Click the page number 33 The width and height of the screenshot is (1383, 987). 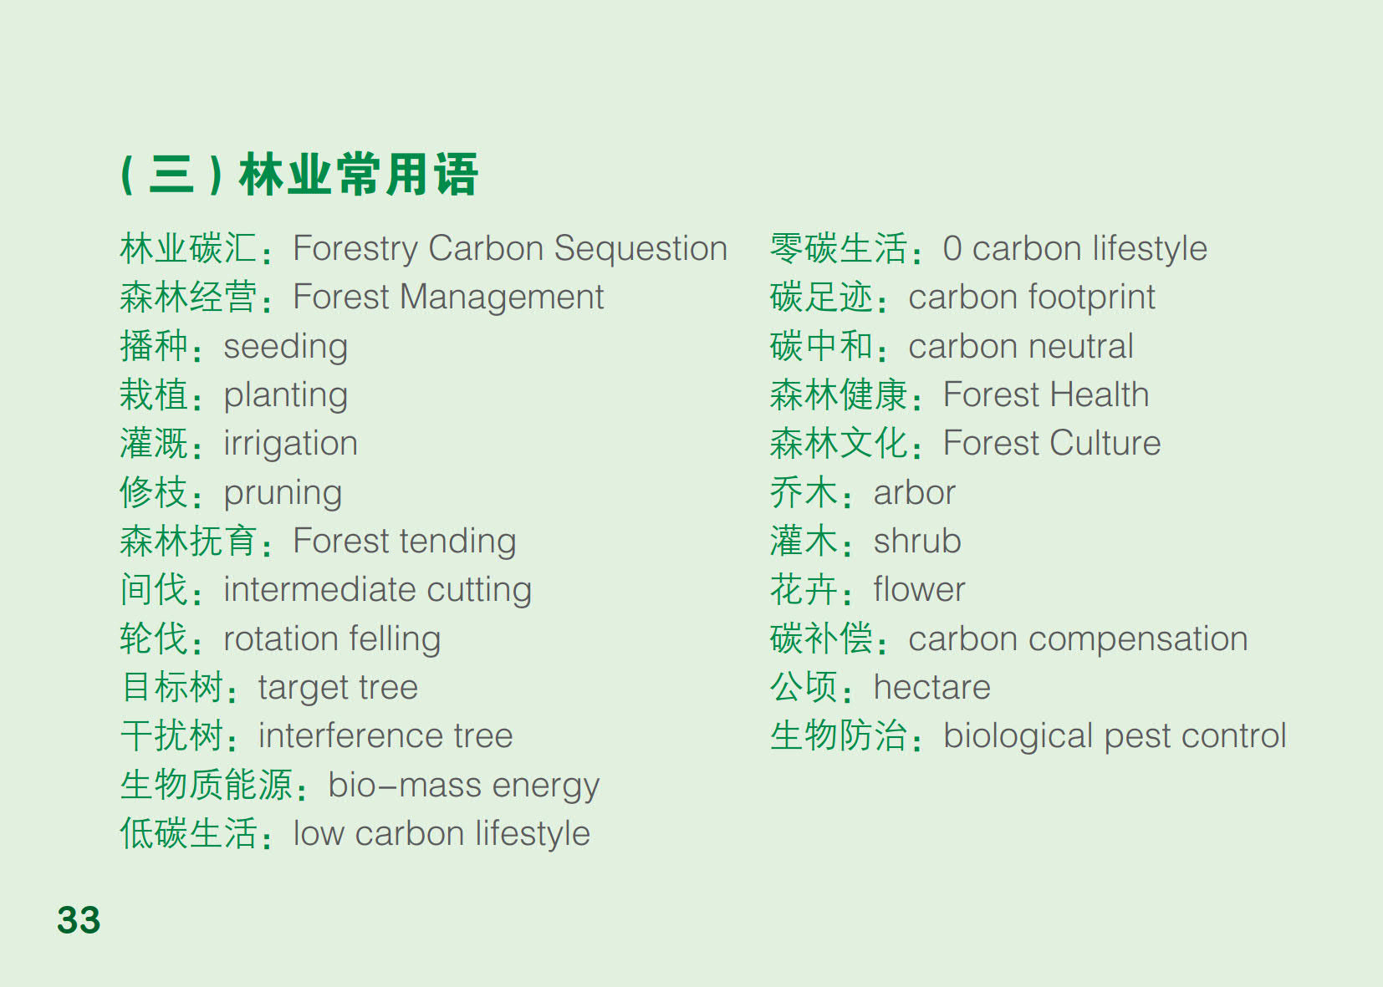79,919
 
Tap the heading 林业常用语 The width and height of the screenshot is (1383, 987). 359,175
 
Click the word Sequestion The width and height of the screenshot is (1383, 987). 640,250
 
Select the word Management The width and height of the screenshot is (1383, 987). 502,298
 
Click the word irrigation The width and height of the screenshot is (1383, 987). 291,445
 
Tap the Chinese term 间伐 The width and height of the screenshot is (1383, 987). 154,589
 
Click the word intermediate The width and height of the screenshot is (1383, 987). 319,589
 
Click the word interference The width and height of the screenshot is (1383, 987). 350,735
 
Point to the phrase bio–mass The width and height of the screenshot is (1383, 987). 405,785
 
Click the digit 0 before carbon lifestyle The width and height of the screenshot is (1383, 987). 952,249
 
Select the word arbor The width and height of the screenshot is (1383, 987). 915,492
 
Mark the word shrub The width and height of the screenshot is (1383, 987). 917,542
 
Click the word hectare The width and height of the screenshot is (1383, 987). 932,687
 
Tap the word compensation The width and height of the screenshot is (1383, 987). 1138,639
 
